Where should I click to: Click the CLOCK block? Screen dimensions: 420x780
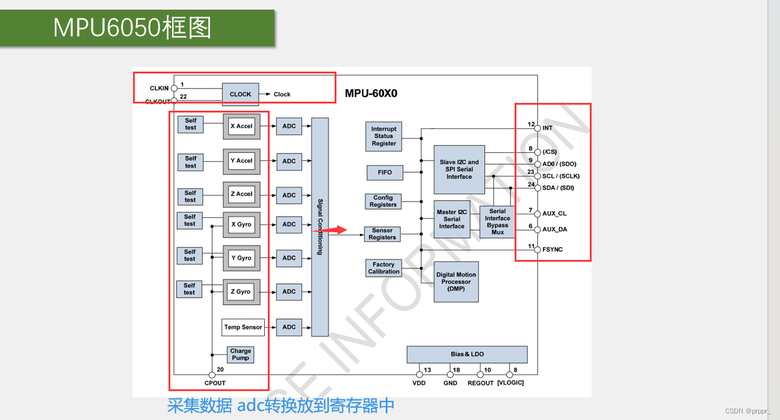[x=240, y=94]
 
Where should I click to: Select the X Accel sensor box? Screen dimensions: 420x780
[x=241, y=126]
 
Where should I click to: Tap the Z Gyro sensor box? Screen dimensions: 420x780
[x=241, y=292]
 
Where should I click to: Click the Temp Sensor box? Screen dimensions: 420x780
[x=243, y=327]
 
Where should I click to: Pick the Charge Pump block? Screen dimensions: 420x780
[x=240, y=354]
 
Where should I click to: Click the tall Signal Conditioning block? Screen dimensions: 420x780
[x=320, y=227]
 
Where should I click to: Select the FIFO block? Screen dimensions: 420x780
[x=385, y=173]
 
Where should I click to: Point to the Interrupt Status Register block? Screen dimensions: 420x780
[x=383, y=137]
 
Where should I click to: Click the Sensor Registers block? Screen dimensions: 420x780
[x=382, y=234]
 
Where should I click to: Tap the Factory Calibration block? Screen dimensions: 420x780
[x=383, y=268]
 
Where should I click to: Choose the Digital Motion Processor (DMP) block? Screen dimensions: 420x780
[x=456, y=282]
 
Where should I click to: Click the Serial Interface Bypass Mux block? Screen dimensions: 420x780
[x=497, y=221]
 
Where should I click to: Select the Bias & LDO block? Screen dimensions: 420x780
[x=466, y=354]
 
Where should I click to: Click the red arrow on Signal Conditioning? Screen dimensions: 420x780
[x=338, y=229]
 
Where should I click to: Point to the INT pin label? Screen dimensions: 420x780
[x=548, y=128]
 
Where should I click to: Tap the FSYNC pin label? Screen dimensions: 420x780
[x=552, y=249]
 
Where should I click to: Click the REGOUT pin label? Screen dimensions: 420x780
[x=480, y=383]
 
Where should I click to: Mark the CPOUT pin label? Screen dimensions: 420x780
[x=215, y=383]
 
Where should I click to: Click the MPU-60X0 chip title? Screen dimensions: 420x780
[x=371, y=94]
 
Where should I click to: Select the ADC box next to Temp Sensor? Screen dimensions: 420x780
[x=289, y=327]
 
